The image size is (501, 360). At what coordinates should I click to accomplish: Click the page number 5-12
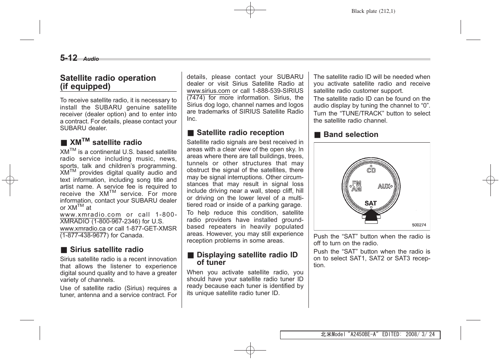(69, 58)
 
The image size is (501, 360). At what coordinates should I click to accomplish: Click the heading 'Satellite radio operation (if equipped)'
(108, 82)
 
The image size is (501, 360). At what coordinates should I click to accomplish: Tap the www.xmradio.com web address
(91, 214)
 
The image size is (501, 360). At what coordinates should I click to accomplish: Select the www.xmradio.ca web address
(83, 228)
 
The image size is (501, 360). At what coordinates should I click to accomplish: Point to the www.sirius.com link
(208, 91)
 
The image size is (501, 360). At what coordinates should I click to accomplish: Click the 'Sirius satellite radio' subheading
(106, 249)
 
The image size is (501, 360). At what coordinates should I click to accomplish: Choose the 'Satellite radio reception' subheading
(240, 132)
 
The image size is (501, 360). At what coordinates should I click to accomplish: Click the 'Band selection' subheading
(351, 134)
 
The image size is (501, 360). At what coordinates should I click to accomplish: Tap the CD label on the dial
(371, 170)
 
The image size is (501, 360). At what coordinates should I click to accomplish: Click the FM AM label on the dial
(356, 186)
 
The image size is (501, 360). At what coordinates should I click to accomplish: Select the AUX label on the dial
(384, 186)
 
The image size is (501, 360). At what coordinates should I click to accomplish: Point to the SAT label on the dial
(371, 203)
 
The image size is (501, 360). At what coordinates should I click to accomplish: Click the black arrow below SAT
(372, 215)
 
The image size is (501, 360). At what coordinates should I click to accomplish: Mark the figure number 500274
(419, 225)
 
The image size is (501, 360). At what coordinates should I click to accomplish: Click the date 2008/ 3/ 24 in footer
(420, 335)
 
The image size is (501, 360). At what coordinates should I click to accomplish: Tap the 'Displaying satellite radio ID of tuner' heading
(247, 258)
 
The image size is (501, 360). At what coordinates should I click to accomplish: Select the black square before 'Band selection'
(318, 135)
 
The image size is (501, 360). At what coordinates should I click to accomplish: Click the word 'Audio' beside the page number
(91, 59)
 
